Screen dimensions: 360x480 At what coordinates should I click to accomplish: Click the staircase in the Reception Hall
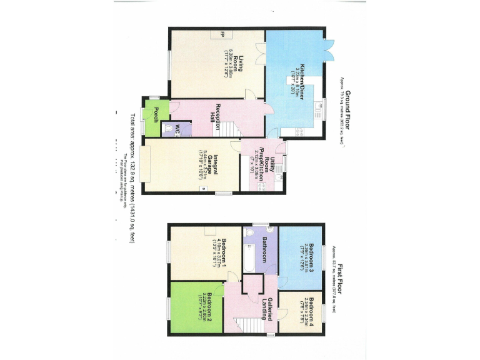coord(232,129)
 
